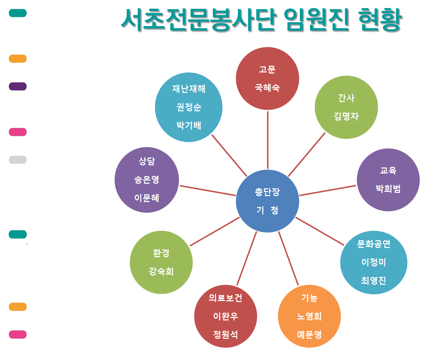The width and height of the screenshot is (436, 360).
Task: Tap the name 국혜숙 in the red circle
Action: click(x=267, y=88)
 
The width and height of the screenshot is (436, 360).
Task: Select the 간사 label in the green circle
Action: click(x=346, y=98)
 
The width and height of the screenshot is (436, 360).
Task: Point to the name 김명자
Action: click(x=346, y=116)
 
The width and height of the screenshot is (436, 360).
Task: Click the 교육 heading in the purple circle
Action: click(x=388, y=171)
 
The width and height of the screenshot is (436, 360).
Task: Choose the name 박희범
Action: click(x=388, y=189)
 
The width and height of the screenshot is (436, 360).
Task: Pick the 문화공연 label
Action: click(x=373, y=244)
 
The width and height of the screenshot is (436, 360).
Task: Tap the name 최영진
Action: click(x=373, y=281)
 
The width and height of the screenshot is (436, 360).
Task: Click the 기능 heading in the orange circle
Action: click(x=309, y=298)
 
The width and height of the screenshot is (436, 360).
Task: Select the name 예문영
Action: click(x=309, y=335)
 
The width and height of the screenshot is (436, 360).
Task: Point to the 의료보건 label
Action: click(x=225, y=298)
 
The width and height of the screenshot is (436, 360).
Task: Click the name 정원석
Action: click(x=225, y=335)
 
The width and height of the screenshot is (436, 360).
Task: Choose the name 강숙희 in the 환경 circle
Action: click(x=161, y=271)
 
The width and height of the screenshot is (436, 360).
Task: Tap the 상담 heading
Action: click(x=147, y=161)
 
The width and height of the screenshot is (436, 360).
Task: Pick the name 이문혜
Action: click(x=147, y=198)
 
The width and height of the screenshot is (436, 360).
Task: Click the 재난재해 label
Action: click(x=188, y=89)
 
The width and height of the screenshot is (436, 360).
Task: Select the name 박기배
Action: click(x=188, y=125)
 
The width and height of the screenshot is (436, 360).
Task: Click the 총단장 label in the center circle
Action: click(x=267, y=192)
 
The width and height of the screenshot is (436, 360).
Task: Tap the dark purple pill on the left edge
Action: click(x=18, y=87)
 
